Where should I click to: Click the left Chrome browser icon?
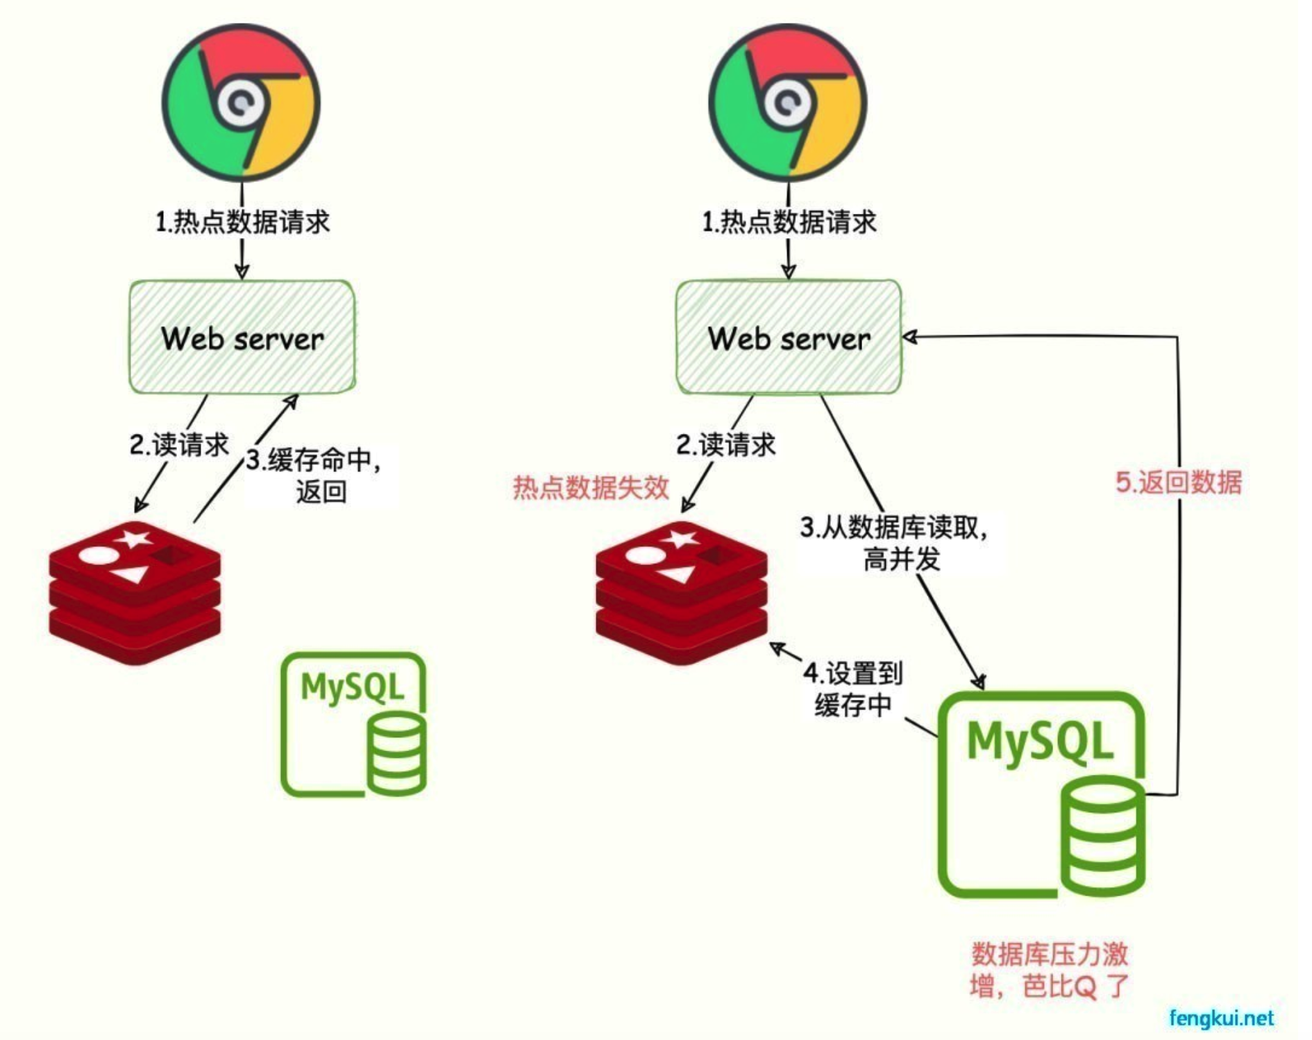(241, 103)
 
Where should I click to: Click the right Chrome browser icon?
(787, 103)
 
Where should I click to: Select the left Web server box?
(242, 337)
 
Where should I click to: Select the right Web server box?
(789, 337)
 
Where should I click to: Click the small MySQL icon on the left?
(353, 724)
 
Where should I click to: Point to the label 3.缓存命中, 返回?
(317, 476)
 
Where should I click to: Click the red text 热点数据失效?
(591, 487)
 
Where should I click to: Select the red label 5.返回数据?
(1178, 482)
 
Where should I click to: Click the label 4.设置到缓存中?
(853, 689)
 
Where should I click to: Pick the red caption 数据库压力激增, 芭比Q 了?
(1049, 969)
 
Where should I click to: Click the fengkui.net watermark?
(1221, 1018)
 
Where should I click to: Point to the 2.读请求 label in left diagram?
(179, 444)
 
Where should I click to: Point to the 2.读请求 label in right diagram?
(725, 444)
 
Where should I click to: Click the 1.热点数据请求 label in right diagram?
(789, 222)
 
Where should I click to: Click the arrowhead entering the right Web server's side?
(910, 337)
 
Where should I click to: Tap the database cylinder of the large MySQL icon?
(1103, 837)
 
